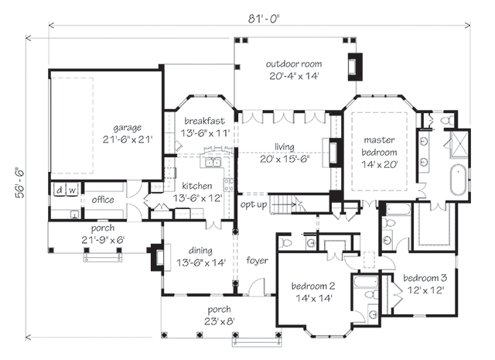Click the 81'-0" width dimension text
(264, 19)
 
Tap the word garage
(127, 128)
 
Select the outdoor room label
(294, 63)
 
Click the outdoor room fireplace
(355, 67)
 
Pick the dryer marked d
(59, 190)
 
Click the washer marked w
(72, 190)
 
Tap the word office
(103, 200)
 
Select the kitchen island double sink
(213, 163)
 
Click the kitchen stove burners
(229, 184)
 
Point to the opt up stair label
(254, 204)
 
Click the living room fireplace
(336, 153)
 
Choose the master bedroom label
(379, 146)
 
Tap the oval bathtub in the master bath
(458, 180)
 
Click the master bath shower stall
(459, 144)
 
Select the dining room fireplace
(158, 257)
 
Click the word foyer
(258, 260)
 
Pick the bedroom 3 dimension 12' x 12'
(426, 290)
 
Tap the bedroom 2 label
(312, 286)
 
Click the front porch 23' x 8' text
(220, 321)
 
